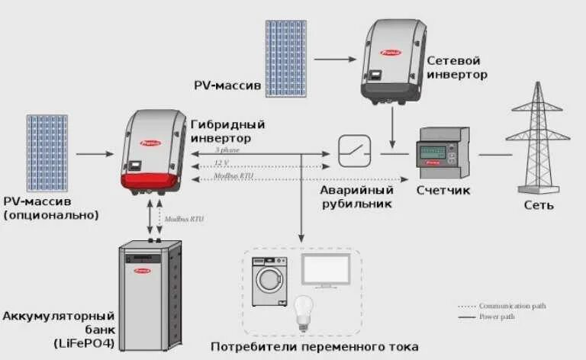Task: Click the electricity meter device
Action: tap(437, 151)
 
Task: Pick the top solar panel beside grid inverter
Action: tap(288, 58)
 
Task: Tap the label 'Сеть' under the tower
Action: tap(539, 206)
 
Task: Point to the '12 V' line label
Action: tap(222, 162)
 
